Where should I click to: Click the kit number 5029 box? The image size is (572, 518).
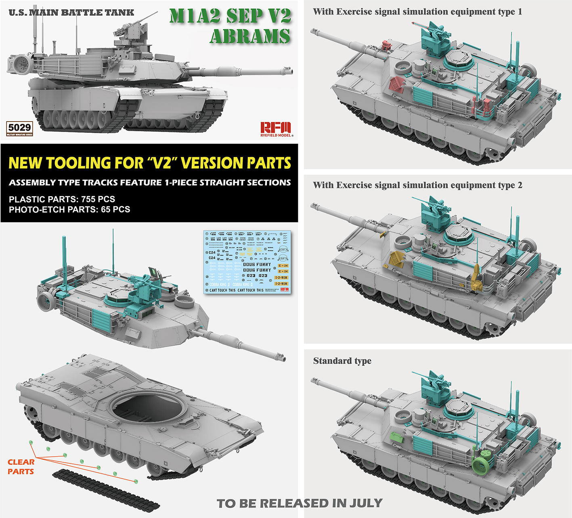19,128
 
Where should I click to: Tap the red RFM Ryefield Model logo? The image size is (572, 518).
276,129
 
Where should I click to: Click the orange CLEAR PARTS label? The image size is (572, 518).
21,467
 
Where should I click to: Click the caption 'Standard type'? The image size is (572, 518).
342,361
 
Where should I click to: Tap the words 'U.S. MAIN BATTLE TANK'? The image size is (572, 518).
71,13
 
